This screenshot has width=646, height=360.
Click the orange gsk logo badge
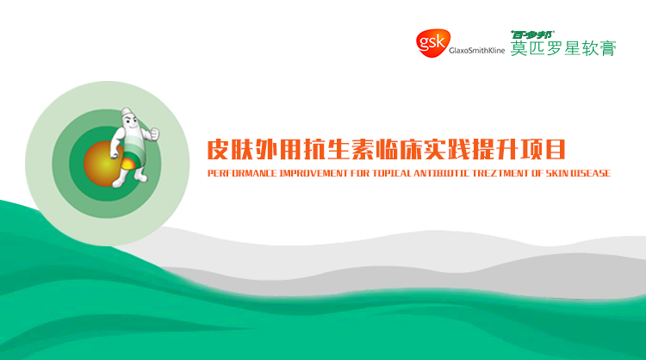point(432,43)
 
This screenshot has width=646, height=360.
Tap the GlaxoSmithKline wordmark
point(476,50)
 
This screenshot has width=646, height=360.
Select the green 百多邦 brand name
point(532,34)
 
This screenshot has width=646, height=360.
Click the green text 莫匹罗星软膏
point(563,48)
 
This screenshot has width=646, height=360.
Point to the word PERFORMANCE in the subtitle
point(242,173)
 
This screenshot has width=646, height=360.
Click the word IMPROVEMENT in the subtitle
point(314,173)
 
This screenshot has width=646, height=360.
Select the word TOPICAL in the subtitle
point(392,173)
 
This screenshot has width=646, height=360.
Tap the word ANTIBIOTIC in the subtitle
point(441,173)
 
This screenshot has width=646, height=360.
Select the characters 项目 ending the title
point(543,149)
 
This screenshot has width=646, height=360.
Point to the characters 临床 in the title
point(398,149)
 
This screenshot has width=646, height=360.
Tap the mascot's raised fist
point(154,133)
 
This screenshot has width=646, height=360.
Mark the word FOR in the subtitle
point(360,173)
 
